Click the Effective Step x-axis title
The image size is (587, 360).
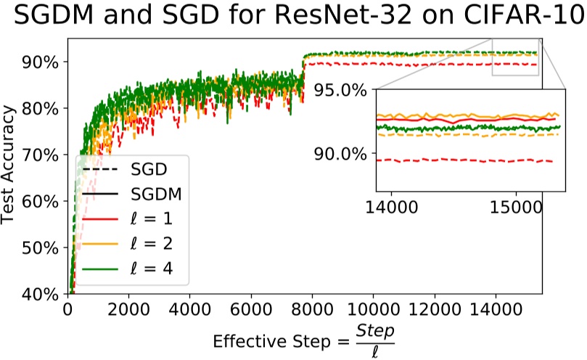305,339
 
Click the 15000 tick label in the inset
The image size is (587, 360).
516,207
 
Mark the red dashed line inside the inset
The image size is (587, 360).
464,161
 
